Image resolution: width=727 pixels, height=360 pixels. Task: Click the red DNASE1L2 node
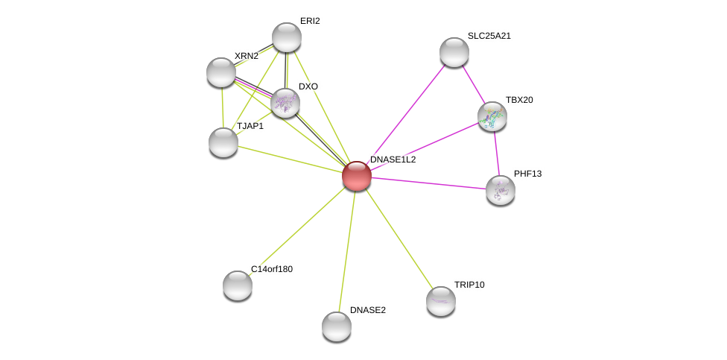pos(357,176)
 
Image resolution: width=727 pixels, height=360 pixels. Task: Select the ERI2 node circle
pos(287,37)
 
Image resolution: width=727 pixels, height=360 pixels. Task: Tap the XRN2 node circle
pos(221,72)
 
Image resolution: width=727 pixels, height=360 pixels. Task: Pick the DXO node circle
pos(285,103)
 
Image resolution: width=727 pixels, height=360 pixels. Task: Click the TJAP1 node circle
pos(223,142)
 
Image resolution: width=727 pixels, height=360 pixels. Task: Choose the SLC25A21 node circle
pos(454,52)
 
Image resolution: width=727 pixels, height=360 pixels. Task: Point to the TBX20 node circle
pos(492,116)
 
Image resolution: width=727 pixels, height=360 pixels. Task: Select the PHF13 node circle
pos(501,190)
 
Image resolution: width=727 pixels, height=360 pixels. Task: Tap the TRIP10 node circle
pos(441,301)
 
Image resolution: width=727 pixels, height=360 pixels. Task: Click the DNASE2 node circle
pos(337,326)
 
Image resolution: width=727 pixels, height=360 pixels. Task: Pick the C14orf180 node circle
pos(238,285)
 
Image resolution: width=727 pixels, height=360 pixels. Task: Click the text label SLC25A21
pos(489,36)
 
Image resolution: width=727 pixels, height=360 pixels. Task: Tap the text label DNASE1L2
pos(393,160)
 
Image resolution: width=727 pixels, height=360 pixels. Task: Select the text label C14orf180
pos(271,269)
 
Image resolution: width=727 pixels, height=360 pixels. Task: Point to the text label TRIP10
pos(469,285)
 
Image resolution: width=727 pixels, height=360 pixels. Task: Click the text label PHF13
pos(527,174)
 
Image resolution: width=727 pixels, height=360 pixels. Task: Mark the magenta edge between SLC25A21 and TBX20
pos(473,84)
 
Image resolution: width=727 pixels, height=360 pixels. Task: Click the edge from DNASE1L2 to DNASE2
pos(347,251)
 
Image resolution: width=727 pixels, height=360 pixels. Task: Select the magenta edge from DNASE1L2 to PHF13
pos(428,183)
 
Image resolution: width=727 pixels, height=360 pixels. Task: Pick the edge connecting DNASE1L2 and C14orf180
pos(297,231)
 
